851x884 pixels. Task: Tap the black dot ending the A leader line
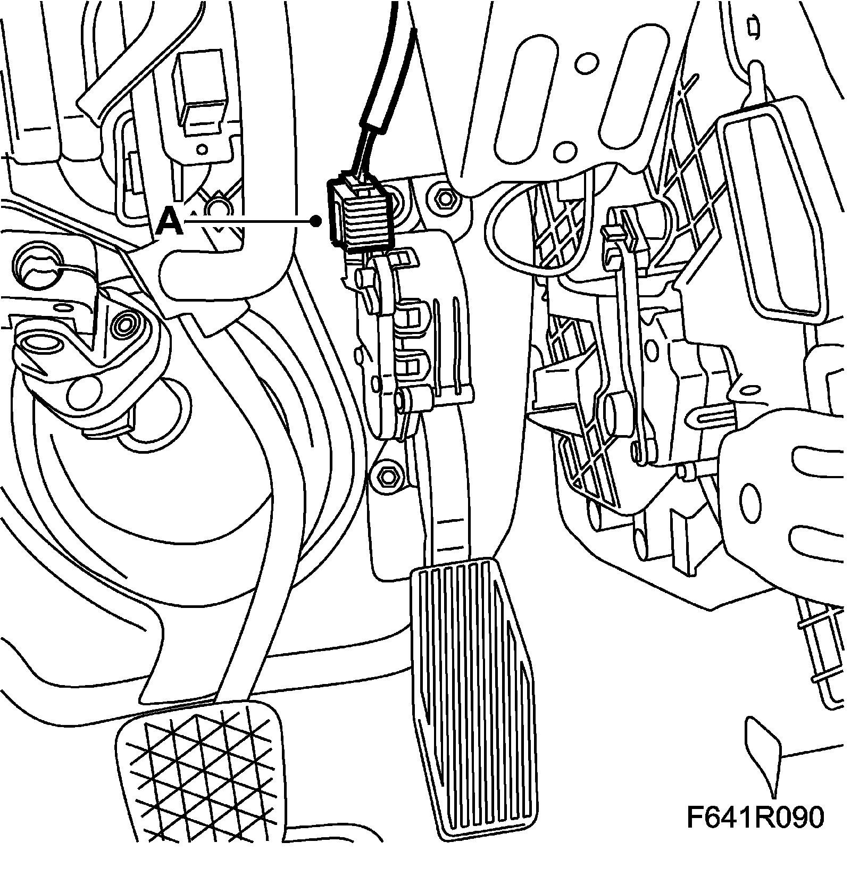316,221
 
